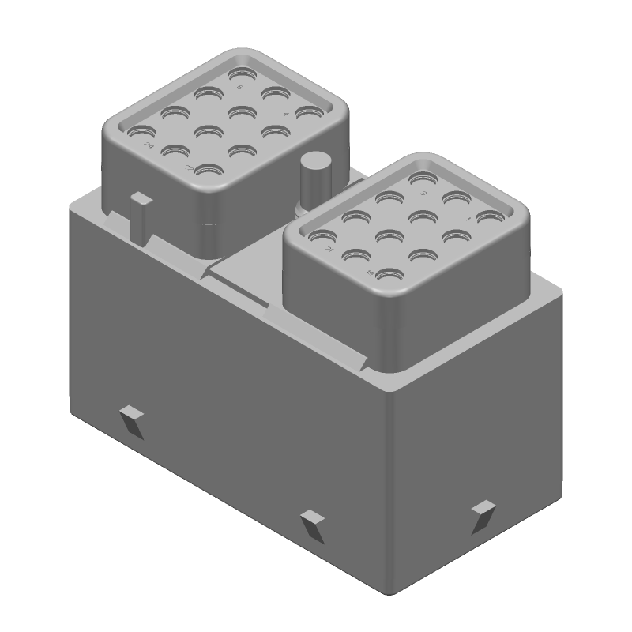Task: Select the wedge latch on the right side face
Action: coord(482,513)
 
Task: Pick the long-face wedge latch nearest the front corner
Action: coord(312,524)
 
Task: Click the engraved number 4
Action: coord(285,115)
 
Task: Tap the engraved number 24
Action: coord(148,146)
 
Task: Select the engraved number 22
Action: coord(188,169)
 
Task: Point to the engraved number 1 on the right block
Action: coord(468,218)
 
